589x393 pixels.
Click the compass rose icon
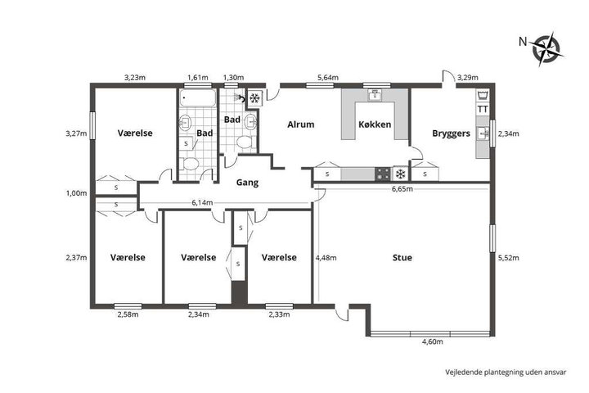click(x=546, y=49)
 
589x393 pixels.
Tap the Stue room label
click(x=402, y=258)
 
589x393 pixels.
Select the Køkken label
click(x=375, y=124)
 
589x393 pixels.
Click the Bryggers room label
click(x=451, y=133)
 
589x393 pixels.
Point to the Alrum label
click(x=300, y=124)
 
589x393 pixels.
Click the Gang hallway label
click(x=247, y=183)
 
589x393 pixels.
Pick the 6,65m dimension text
click(x=402, y=189)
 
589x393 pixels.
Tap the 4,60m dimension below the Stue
click(x=433, y=341)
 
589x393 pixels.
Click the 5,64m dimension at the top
click(x=328, y=78)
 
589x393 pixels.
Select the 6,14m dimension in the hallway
click(x=202, y=203)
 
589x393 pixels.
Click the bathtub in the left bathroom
click(x=197, y=97)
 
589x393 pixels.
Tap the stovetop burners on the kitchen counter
click(x=383, y=174)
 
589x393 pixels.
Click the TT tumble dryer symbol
click(x=483, y=110)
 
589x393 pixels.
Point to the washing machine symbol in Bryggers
click(x=483, y=95)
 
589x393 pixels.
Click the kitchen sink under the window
click(x=375, y=95)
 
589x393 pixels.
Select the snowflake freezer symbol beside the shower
click(x=254, y=98)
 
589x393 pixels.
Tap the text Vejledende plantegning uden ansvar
click(x=506, y=373)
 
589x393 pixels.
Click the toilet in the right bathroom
click(x=245, y=142)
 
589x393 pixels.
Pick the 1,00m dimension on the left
click(x=76, y=193)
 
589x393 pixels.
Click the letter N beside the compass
click(x=523, y=42)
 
